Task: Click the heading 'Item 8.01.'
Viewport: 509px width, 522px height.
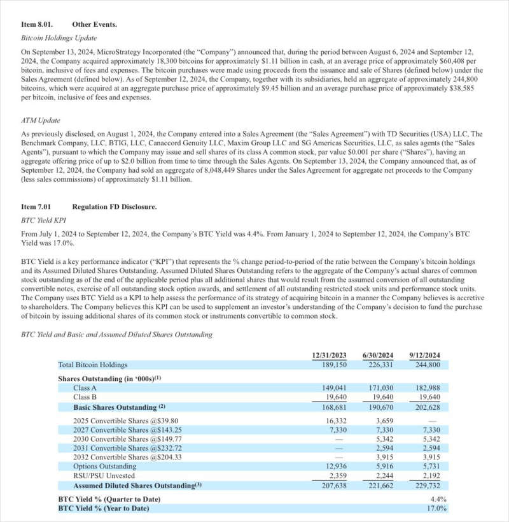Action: (38, 24)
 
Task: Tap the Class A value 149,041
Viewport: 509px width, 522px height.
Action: (334, 388)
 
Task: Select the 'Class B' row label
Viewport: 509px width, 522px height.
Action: (85, 397)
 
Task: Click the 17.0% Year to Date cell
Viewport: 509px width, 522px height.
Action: (436, 508)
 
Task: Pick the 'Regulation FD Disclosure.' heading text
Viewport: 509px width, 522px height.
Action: (115, 207)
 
